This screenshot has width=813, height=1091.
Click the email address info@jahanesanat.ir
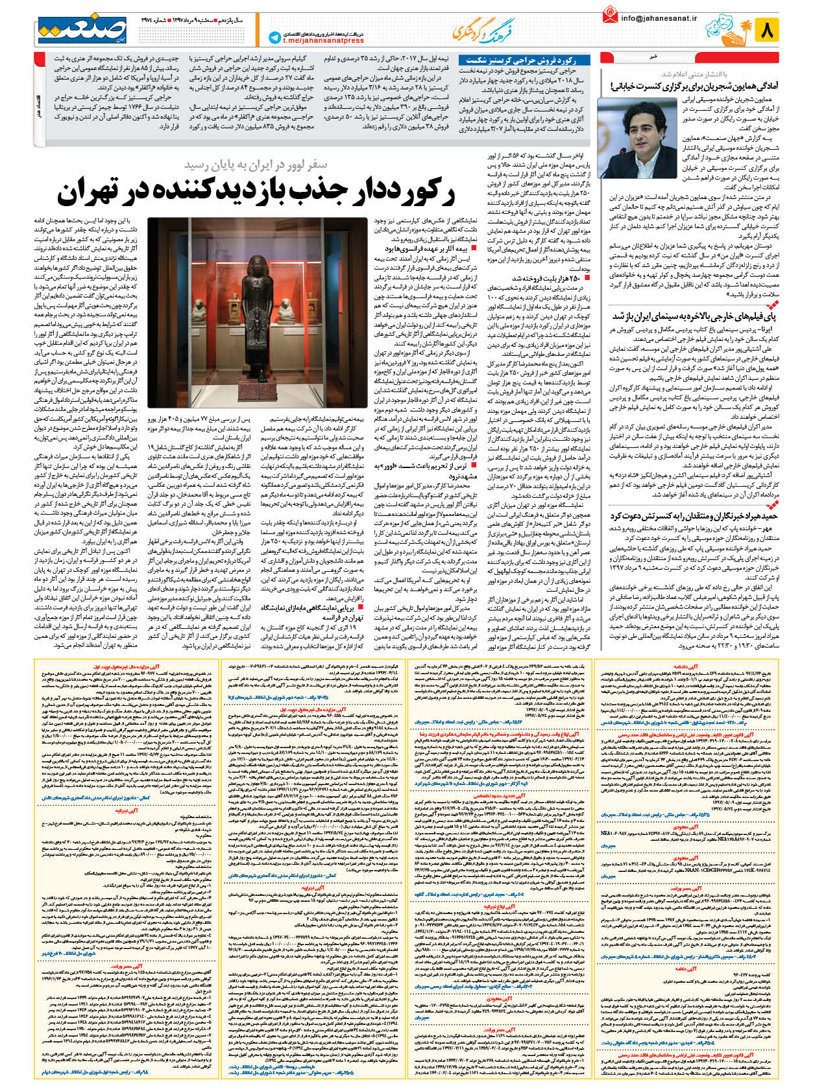[659, 18]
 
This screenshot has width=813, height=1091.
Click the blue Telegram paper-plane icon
[274, 38]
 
